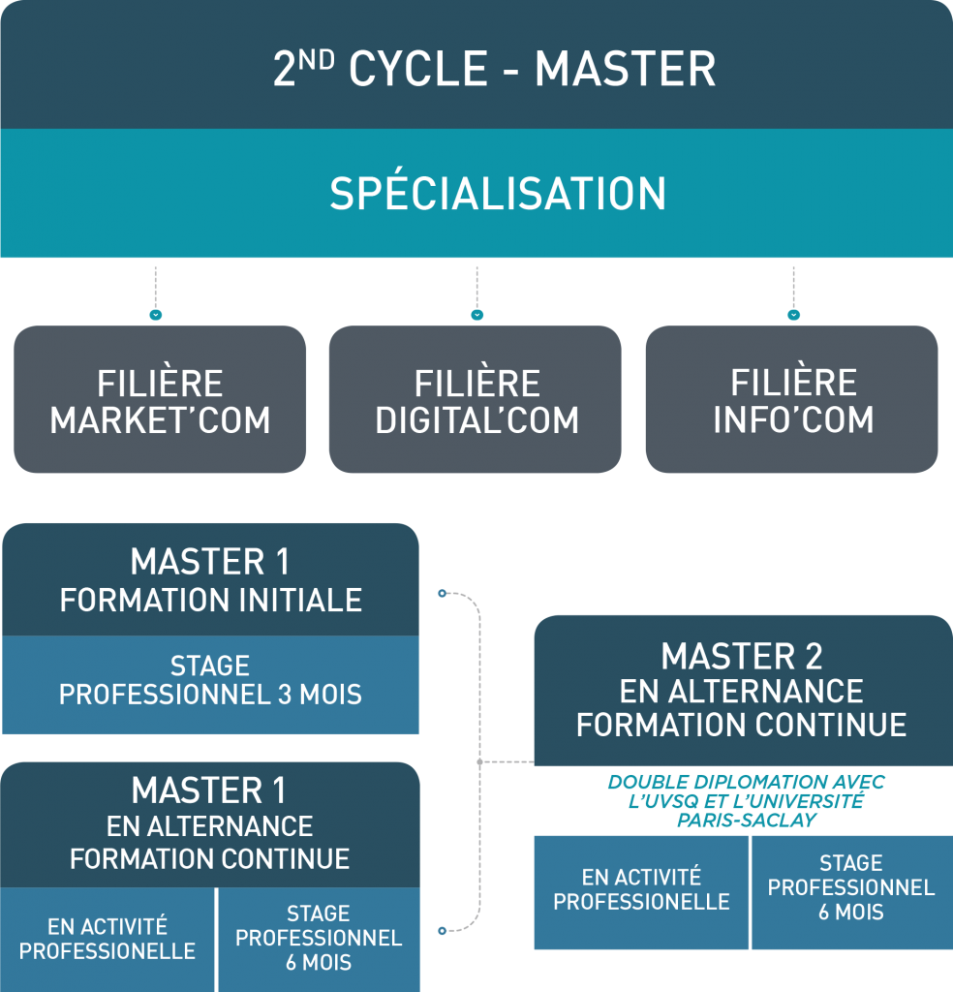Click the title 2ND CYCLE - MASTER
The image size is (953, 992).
(494, 69)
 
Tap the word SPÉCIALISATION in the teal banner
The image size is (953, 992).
(498, 193)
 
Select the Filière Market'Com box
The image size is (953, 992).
(160, 399)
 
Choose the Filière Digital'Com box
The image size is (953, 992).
(476, 399)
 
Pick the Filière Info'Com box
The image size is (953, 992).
(791, 399)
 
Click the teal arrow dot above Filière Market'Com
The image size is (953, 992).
(156, 315)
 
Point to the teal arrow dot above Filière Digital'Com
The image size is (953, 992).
(477, 315)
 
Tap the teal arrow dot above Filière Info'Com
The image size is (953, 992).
(793, 315)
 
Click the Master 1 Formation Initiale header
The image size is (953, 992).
(210, 579)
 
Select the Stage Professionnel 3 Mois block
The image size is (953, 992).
(210, 685)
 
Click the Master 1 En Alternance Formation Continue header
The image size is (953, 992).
(210, 824)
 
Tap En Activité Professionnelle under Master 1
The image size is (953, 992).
(107, 940)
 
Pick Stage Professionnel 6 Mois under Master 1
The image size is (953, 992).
(319, 940)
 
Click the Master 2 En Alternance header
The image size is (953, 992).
(743, 690)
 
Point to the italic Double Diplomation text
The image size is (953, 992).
(746, 801)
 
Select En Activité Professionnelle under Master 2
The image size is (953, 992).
(641, 892)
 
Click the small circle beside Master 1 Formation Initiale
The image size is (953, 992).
(442, 593)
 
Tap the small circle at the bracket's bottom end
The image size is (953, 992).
(442, 931)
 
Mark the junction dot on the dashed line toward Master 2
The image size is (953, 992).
(480, 761)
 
